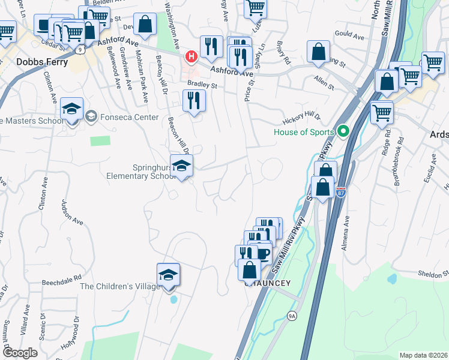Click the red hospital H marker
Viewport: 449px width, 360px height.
[191, 57]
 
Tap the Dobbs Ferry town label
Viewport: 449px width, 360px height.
[34, 62]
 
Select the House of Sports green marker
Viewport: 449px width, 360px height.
[343, 130]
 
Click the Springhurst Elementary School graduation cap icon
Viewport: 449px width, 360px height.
[181, 166]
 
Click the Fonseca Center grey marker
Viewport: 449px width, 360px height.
[91, 115]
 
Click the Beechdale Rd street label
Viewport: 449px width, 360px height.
[61, 280]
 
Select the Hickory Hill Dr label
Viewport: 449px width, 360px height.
[301, 116]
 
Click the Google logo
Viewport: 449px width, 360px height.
[19, 353]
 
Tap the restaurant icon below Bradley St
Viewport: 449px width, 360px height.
[193, 100]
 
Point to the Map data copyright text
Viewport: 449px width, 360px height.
[423, 355]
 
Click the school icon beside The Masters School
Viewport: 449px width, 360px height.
[71, 110]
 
